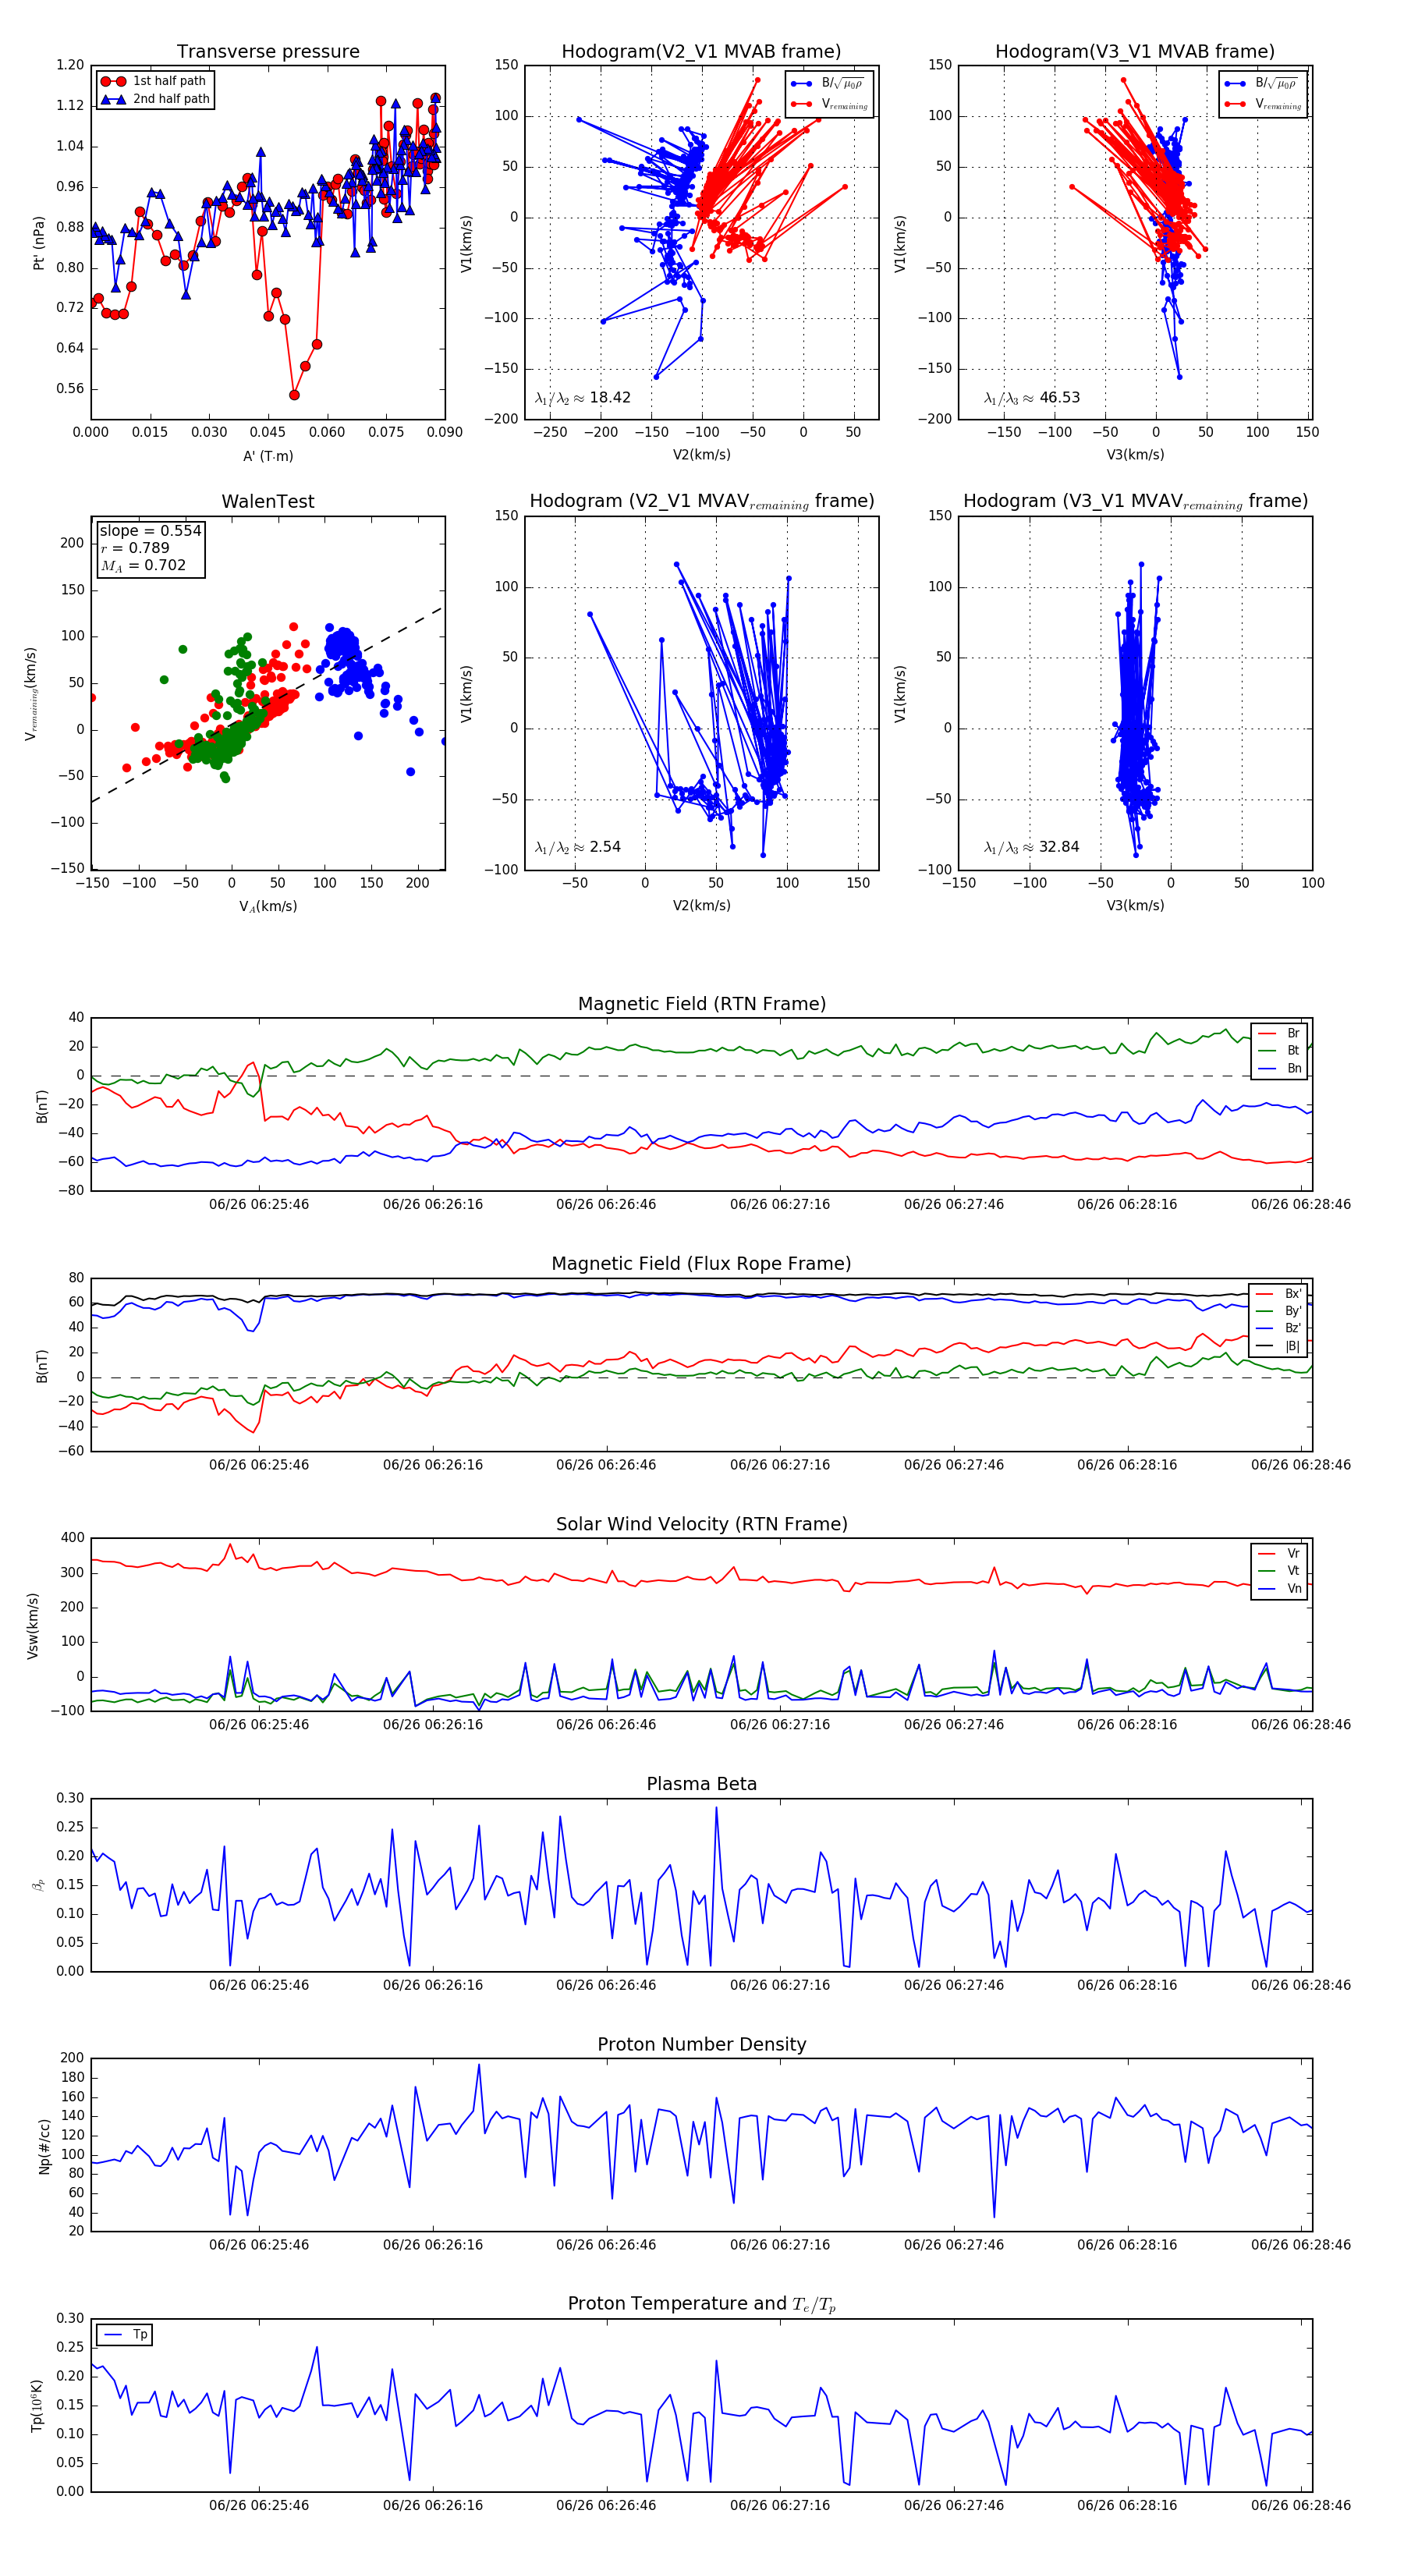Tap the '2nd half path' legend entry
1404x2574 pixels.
point(171,99)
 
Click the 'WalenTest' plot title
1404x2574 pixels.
point(268,502)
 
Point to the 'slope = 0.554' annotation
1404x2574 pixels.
point(150,530)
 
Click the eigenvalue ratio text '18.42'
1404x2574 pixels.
point(609,398)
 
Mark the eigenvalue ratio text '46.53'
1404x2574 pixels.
point(1059,398)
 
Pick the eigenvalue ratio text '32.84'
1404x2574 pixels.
point(1059,847)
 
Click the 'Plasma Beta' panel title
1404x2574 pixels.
point(701,1785)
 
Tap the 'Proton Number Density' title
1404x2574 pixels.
point(701,2044)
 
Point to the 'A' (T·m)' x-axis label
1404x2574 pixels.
point(268,456)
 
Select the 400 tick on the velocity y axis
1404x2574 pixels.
point(72,1538)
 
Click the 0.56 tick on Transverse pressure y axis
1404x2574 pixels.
point(70,388)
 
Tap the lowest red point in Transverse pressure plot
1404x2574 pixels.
point(294,395)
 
